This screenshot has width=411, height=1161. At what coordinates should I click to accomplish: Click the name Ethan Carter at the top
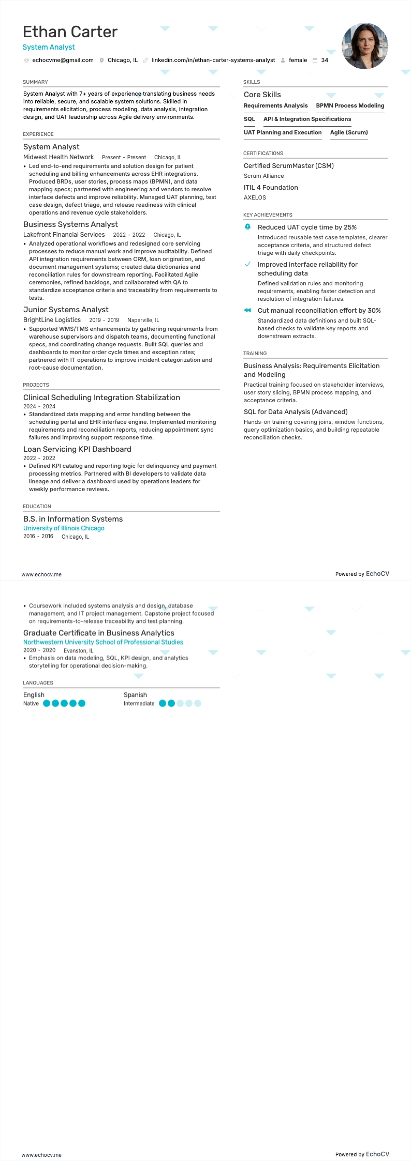(70, 32)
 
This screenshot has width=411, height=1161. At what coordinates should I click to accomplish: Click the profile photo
(364, 46)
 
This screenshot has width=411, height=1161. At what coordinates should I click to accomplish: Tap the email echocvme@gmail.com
(63, 60)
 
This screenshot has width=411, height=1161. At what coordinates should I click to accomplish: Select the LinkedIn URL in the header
(213, 60)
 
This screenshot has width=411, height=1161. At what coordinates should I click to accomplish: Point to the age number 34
(325, 60)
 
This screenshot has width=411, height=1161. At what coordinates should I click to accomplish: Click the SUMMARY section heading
(35, 82)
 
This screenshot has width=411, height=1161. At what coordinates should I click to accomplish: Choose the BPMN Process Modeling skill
(350, 105)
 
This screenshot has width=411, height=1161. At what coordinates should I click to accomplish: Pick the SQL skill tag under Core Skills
(249, 119)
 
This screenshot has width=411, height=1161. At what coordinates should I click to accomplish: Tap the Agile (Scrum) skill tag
(349, 132)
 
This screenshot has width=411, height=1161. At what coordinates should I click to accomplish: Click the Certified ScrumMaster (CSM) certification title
(289, 166)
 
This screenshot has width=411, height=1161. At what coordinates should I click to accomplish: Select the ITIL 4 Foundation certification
(271, 188)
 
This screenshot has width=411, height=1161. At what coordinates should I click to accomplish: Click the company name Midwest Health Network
(58, 157)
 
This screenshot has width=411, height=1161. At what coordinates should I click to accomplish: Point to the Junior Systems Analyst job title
(66, 310)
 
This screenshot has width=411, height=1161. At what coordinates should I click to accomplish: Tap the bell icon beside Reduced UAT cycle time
(247, 227)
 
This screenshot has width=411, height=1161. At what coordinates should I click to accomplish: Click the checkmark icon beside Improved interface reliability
(247, 264)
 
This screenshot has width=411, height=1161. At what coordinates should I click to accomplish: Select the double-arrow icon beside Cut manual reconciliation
(247, 310)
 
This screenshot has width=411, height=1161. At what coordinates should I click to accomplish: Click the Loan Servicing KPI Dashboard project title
(77, 449)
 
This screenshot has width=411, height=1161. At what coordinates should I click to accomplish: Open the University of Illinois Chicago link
(64, 528)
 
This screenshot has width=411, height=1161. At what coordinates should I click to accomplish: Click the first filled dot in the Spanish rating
(163, 703)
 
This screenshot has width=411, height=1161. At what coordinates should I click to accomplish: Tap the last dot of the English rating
(82, 703)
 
